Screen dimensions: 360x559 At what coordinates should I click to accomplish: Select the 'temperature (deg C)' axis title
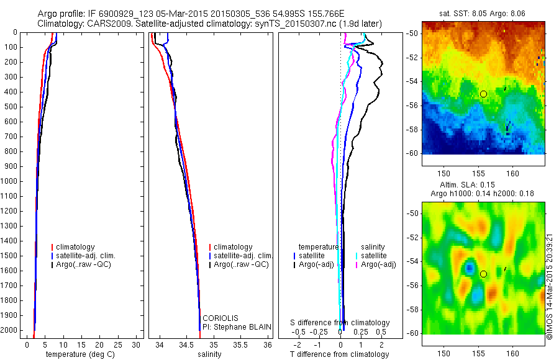(x=78, y=354)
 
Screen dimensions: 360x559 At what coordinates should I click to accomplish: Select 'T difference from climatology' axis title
(x=339, y=354)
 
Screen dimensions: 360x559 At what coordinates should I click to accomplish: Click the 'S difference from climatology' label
(x=340, y=323)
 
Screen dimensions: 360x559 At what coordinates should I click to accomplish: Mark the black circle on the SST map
(x=483, y=94)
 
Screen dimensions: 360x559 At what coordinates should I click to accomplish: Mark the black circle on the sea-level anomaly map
(x=483, y=274)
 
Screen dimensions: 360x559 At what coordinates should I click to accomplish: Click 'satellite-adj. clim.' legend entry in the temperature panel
(x=90, y=256)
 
